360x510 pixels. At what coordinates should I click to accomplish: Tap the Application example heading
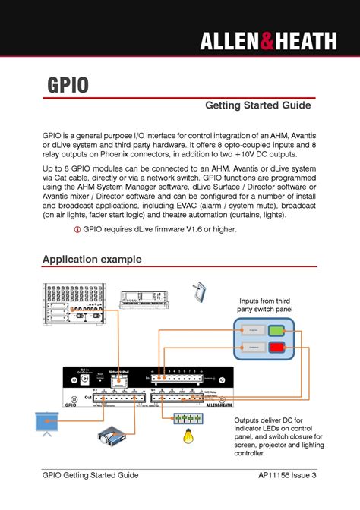tap(92, 260)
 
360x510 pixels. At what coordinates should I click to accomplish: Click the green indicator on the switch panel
tap(276, 330)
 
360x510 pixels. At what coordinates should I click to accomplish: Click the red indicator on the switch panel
tap(276, 348)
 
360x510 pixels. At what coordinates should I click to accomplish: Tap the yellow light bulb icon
tap(184, 436)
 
